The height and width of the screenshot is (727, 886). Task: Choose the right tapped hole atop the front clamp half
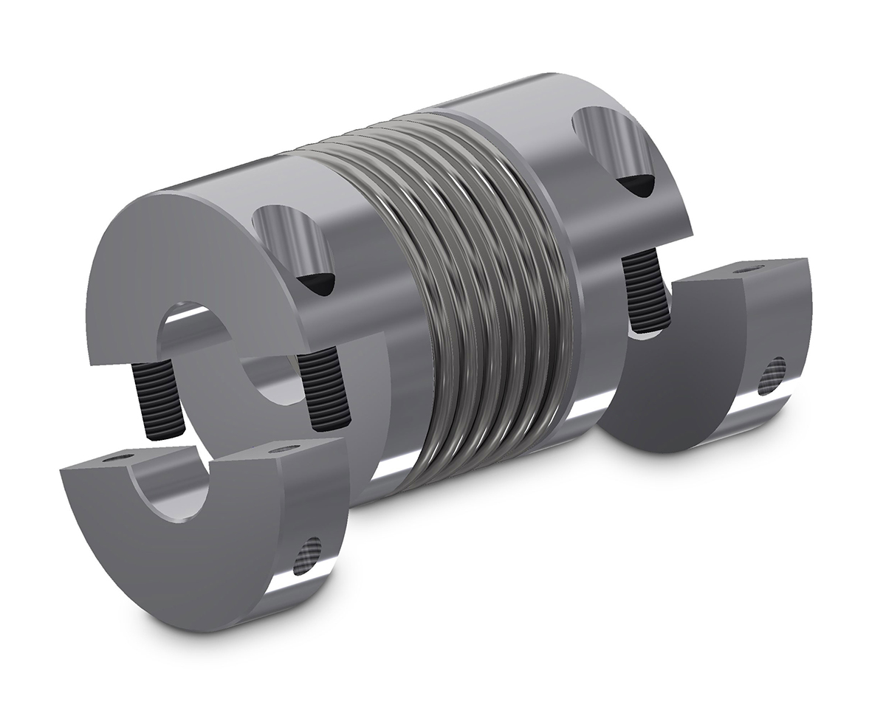coord(285,448)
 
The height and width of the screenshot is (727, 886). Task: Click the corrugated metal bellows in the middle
coord(473,295)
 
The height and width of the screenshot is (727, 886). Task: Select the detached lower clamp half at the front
coord(199,546)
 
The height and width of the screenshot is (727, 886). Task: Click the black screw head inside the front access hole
coord(317,283)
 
